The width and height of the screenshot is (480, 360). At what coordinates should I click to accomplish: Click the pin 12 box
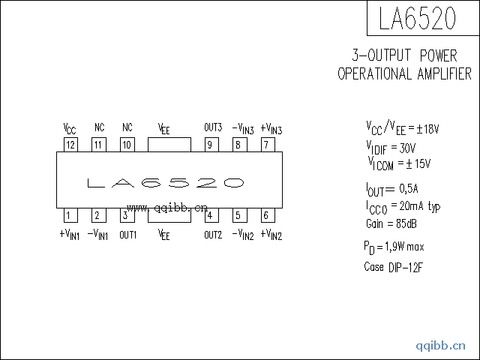[70, 145]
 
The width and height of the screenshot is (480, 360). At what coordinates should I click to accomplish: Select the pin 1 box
[68, 216]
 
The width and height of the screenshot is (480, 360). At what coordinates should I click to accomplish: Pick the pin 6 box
[265, 216]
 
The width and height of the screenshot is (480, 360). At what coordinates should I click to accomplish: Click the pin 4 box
[209, 216]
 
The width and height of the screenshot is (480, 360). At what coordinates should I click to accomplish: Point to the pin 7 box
[265, 145]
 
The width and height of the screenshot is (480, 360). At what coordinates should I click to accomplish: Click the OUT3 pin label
[213, 127]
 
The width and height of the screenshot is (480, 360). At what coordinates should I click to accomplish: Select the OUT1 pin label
[127, 235]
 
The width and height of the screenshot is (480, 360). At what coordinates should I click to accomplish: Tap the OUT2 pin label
[213, 235]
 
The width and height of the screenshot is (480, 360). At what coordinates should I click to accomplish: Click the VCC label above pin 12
[70, 127]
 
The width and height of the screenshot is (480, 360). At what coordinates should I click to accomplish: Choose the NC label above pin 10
[127, 127]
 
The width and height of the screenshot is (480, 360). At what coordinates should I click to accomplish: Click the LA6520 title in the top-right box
[417, 19]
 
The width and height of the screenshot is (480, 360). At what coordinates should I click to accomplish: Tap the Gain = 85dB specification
[391, 223]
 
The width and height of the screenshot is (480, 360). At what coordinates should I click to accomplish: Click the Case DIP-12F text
[393, 267]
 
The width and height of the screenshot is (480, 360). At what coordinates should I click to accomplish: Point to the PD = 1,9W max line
[394, 247]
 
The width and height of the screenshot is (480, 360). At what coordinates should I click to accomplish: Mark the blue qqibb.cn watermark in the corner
[441, 345]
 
